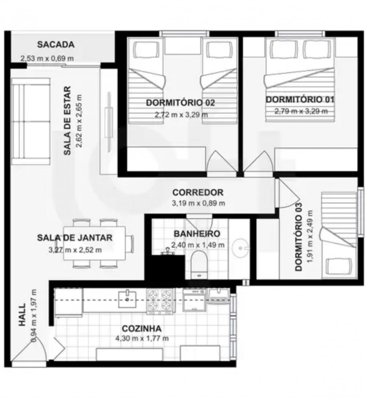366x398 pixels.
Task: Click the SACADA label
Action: [x=56, y=45]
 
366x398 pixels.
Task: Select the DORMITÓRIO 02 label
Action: [x=180, y=103]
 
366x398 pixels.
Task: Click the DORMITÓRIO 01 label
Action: [x=300, y=99]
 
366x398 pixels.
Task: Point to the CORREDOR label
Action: [x=198, y=192]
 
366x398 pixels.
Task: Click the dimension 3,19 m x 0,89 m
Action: [x=198, y=203]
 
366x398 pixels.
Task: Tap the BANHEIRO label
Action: [x=197, y=234]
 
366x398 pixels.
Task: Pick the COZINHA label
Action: [x=142, y=328]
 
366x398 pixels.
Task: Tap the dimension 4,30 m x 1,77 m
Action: [x=142, y=338]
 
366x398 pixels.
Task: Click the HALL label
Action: [x=22, y=315]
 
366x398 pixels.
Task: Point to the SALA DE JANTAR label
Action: [x=75, y=238]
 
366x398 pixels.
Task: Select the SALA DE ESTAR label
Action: [x=67, y=121]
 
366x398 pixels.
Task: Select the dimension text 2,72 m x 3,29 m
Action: [x=181, y=114]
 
